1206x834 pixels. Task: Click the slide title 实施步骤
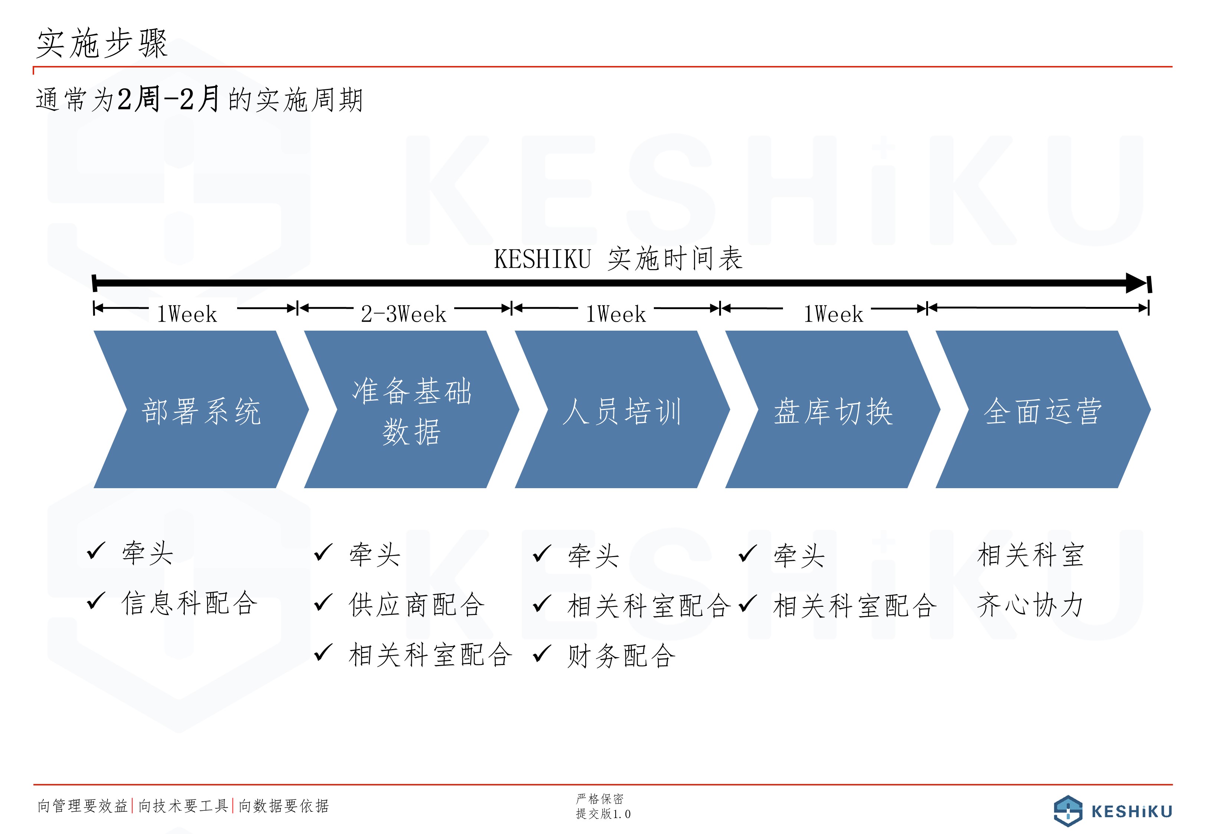[x=102, y=43]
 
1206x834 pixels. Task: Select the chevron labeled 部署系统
[x=201, y=409]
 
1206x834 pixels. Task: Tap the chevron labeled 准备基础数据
[x=412, y=409]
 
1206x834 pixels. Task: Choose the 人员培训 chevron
[x=622, y=409]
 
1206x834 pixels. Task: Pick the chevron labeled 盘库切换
[x=833, y=409]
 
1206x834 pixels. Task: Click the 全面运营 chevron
[x=1043, y=409]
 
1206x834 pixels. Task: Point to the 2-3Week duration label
[x=404, y=314]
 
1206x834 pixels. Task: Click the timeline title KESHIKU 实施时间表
[x=618, y=259]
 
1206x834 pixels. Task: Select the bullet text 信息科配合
[x=189, y=603]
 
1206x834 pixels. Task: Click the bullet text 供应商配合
[x=417, y=605]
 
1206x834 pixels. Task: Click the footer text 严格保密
[x=600, y=798]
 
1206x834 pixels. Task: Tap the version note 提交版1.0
[x=603, y=814]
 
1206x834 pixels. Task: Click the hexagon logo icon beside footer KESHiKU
[x=1068, y=811]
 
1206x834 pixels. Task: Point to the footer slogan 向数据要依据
[x=284, y=806]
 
